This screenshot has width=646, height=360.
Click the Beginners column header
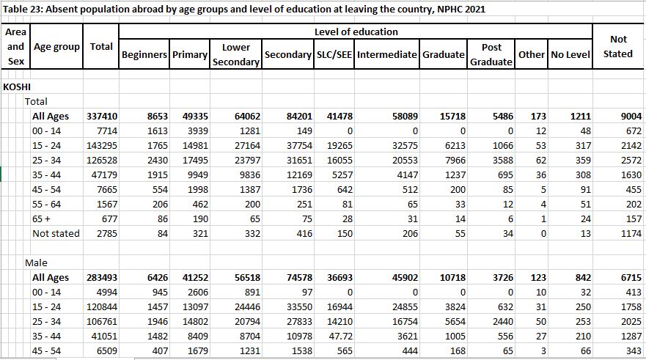point(144,54)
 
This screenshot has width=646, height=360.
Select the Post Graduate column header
point(491,54)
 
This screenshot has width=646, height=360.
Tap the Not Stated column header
point(618,46)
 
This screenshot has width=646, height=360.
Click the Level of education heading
point(356,32)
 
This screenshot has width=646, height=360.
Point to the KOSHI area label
point(17,87)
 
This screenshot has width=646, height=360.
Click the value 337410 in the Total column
point(102,117)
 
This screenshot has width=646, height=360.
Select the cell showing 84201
point(299,117)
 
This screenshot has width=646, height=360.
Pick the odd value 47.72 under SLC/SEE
point(341,336)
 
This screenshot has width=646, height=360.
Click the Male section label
point(36,262)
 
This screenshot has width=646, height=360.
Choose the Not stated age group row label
point(56,234)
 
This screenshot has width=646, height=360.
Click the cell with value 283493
point(102,278)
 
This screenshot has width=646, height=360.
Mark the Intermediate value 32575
point(405,146)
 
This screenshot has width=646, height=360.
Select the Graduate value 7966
point(455,161)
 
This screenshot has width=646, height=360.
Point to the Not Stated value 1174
point(631,234)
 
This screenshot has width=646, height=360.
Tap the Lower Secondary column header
point(236,54)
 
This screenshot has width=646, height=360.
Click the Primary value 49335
point(195,117)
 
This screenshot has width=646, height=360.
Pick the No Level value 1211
point(581,117)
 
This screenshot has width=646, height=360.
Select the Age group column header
point(57,47)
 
